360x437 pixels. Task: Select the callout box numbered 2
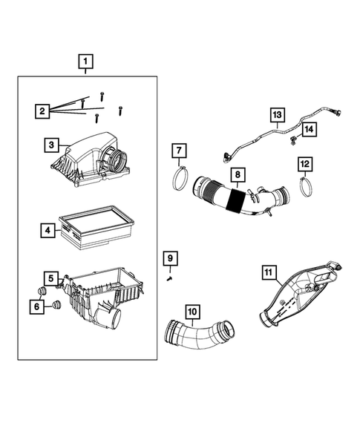tap(44, 111)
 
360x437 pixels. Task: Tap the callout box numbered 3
tap(51, 146)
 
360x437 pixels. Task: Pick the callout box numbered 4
tap(47, 231)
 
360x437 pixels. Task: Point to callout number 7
tap(178, 151)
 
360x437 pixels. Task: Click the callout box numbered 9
tap(170, 257)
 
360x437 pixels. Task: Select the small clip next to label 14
tap(295, 138)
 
